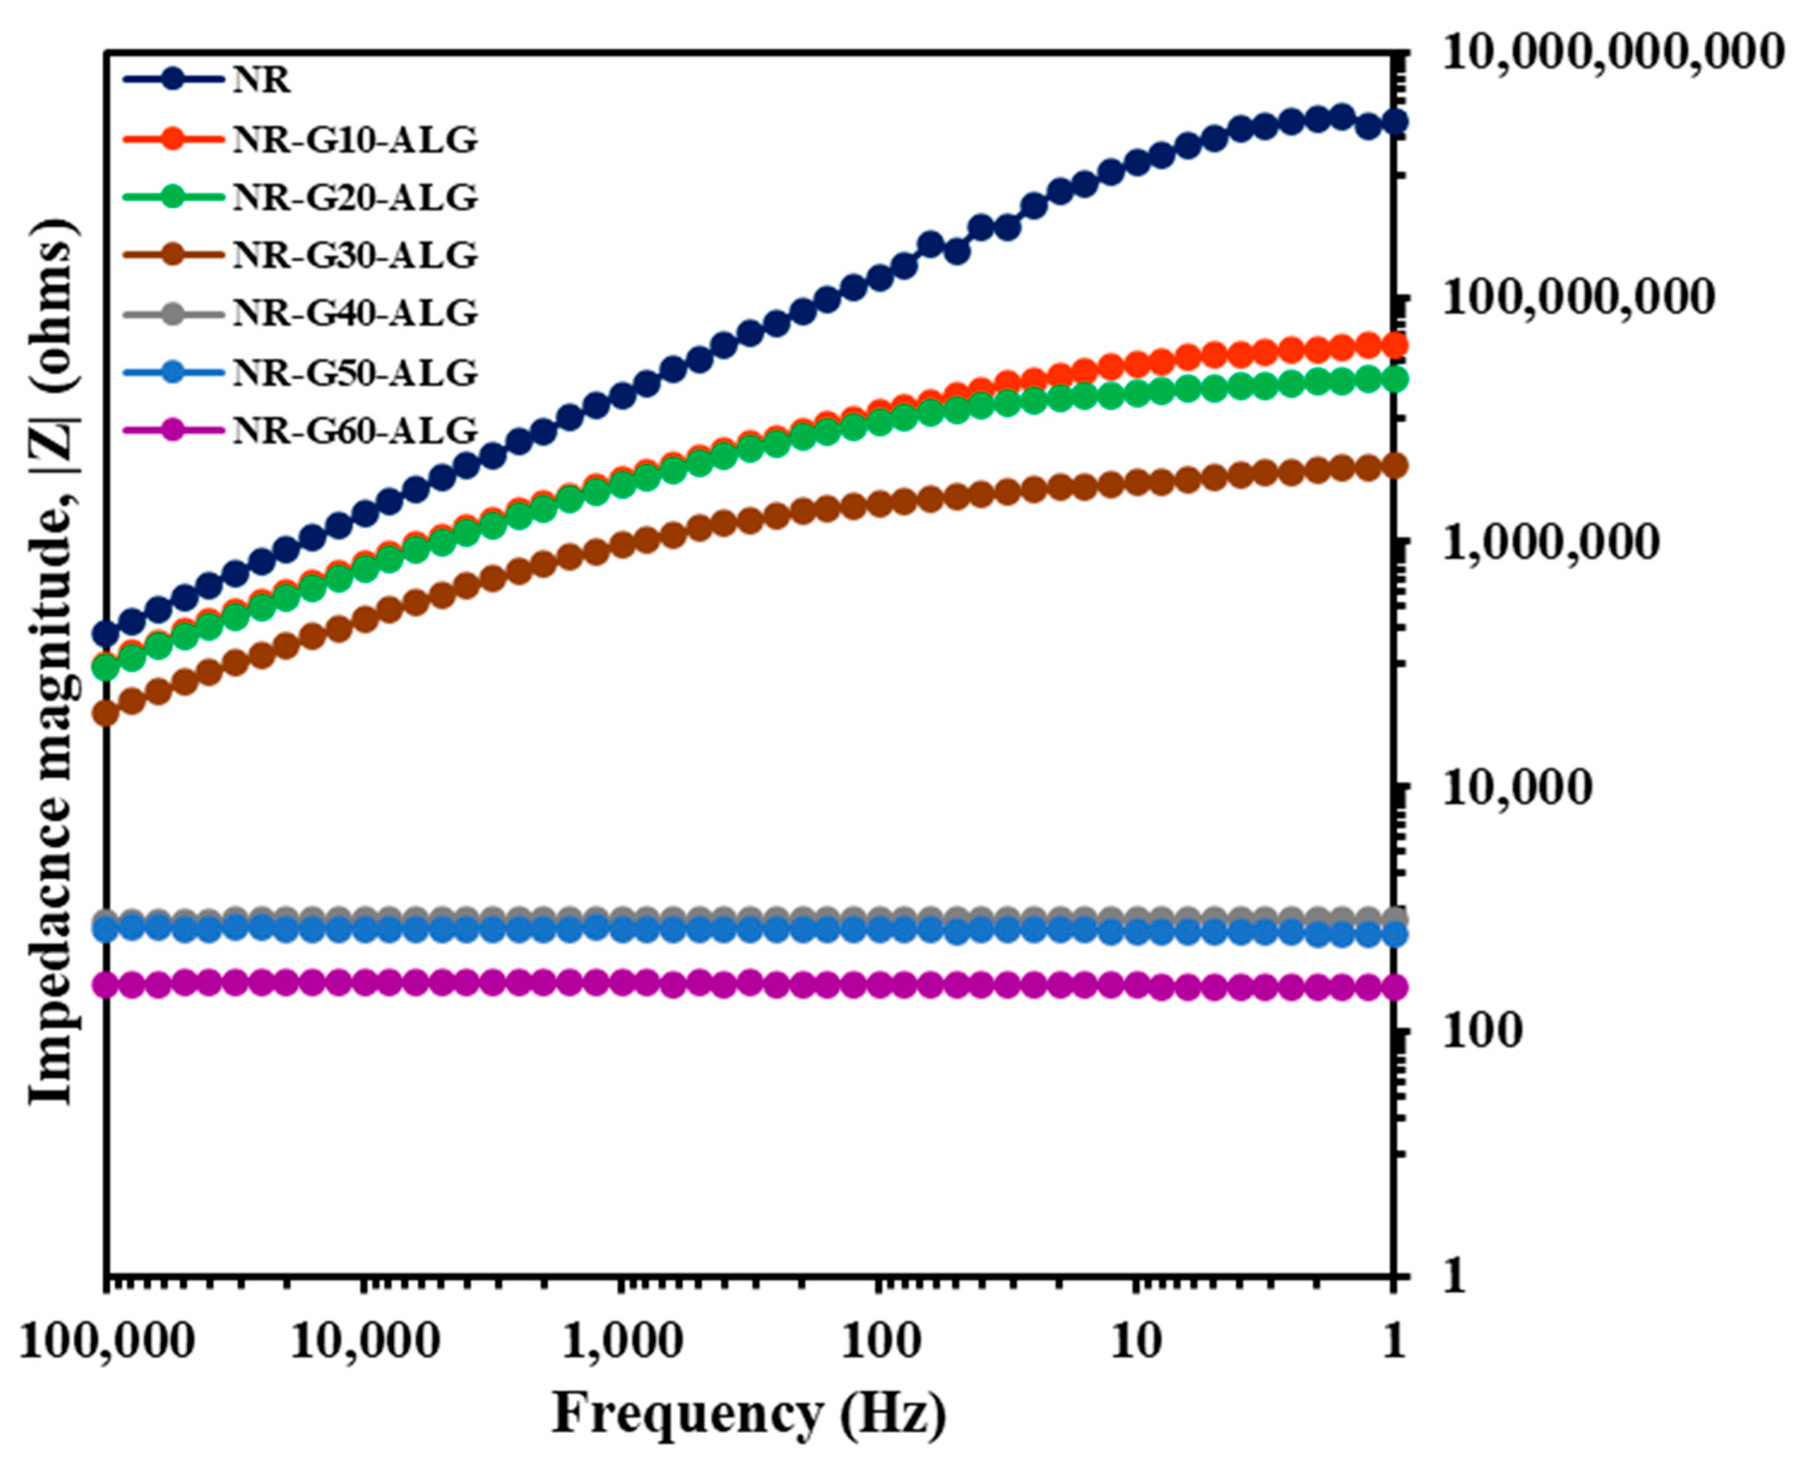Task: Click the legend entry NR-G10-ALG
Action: [x=355, y=139]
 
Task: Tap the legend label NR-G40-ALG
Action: [x=355, y=314]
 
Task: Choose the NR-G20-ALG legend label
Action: [x=355, y=197]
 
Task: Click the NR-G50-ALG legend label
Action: [x=355, y=372]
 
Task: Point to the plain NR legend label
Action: [x=261, y=81]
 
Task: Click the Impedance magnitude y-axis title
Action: [x=52, y=660]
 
